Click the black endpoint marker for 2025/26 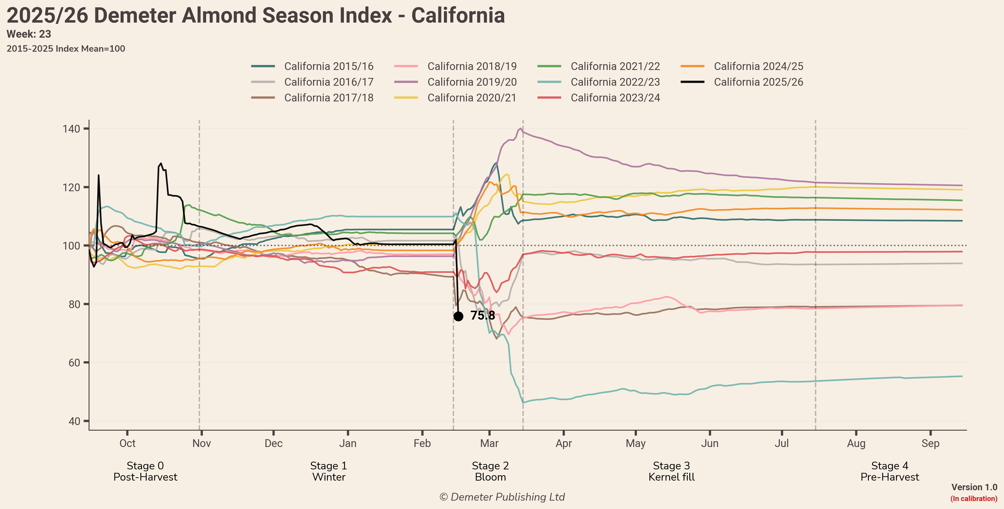[x=458, y=316]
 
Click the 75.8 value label [x=482, y=315]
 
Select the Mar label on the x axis [x=489, y=444]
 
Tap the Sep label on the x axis [x=930, y=444]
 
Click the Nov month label [x=202, y=444]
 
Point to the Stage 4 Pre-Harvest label [x=890, y=471]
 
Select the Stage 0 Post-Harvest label [x=145, y=471]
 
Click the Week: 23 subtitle [x=29, y=34]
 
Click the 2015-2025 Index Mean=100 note [x=66, y=49]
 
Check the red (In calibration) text [x=974, y=498]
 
